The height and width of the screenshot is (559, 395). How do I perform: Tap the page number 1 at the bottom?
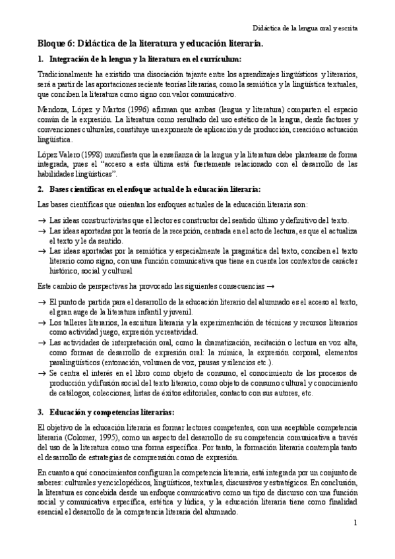[x=355, y=523]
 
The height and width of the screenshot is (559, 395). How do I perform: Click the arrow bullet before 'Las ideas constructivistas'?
[x=42, y=220]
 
